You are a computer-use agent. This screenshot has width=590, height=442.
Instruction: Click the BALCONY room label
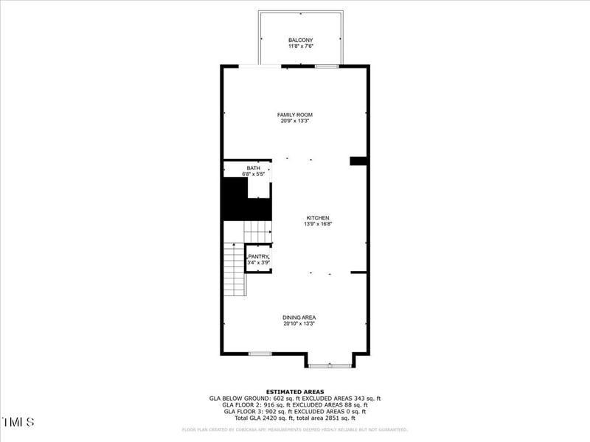pyautogui.click(x=300, y=40)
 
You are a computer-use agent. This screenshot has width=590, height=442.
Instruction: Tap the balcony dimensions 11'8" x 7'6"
pyautogui.click(x=300, y=46)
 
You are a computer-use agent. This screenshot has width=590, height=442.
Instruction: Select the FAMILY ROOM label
pyautogui.click(x=295, y=115)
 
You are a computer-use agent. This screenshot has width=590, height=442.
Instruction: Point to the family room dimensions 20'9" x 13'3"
pyautogui.click(x=295, y=122)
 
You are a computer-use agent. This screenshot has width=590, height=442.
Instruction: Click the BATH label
pyautogui.click(x=253, y=168)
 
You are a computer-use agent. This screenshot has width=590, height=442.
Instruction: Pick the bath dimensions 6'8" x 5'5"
pyautogui.click(x=253, y=175)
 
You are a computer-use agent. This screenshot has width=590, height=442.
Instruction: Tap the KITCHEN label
pyautogui.click(x=318, y=217)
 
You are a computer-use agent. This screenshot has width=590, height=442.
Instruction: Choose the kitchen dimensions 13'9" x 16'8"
pyautogui.click(x=318, y=224)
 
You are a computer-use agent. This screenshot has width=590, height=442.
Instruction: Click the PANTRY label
pyautogui.click(x=258, y=256)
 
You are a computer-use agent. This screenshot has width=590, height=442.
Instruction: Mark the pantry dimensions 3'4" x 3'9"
pyautogui.click(x=258, y=262)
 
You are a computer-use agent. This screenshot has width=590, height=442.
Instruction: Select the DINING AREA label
pyautogui.click(x=299, y=318)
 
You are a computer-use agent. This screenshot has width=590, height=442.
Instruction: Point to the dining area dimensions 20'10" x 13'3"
pyautogui.click(x=299, y=324)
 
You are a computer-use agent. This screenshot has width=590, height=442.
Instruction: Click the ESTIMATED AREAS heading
pyautogui.click(x=295, y=392)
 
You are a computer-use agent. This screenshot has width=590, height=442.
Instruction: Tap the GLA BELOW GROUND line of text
pyautogui.click(x=295, y=399)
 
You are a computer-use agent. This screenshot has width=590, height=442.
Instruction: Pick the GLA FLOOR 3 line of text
pyautogui.click(x=295, y=411)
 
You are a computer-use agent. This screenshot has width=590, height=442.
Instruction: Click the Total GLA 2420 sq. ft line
pyautogui.click(x=295, y=418)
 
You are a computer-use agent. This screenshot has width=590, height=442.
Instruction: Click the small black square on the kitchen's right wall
pyautogui.click(x=358, y=161)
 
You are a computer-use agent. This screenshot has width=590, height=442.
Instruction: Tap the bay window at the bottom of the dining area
pyautogui.click(x=330, y=364)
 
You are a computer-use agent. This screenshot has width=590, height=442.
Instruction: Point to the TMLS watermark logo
pyautogui.click(x=18, y=422)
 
